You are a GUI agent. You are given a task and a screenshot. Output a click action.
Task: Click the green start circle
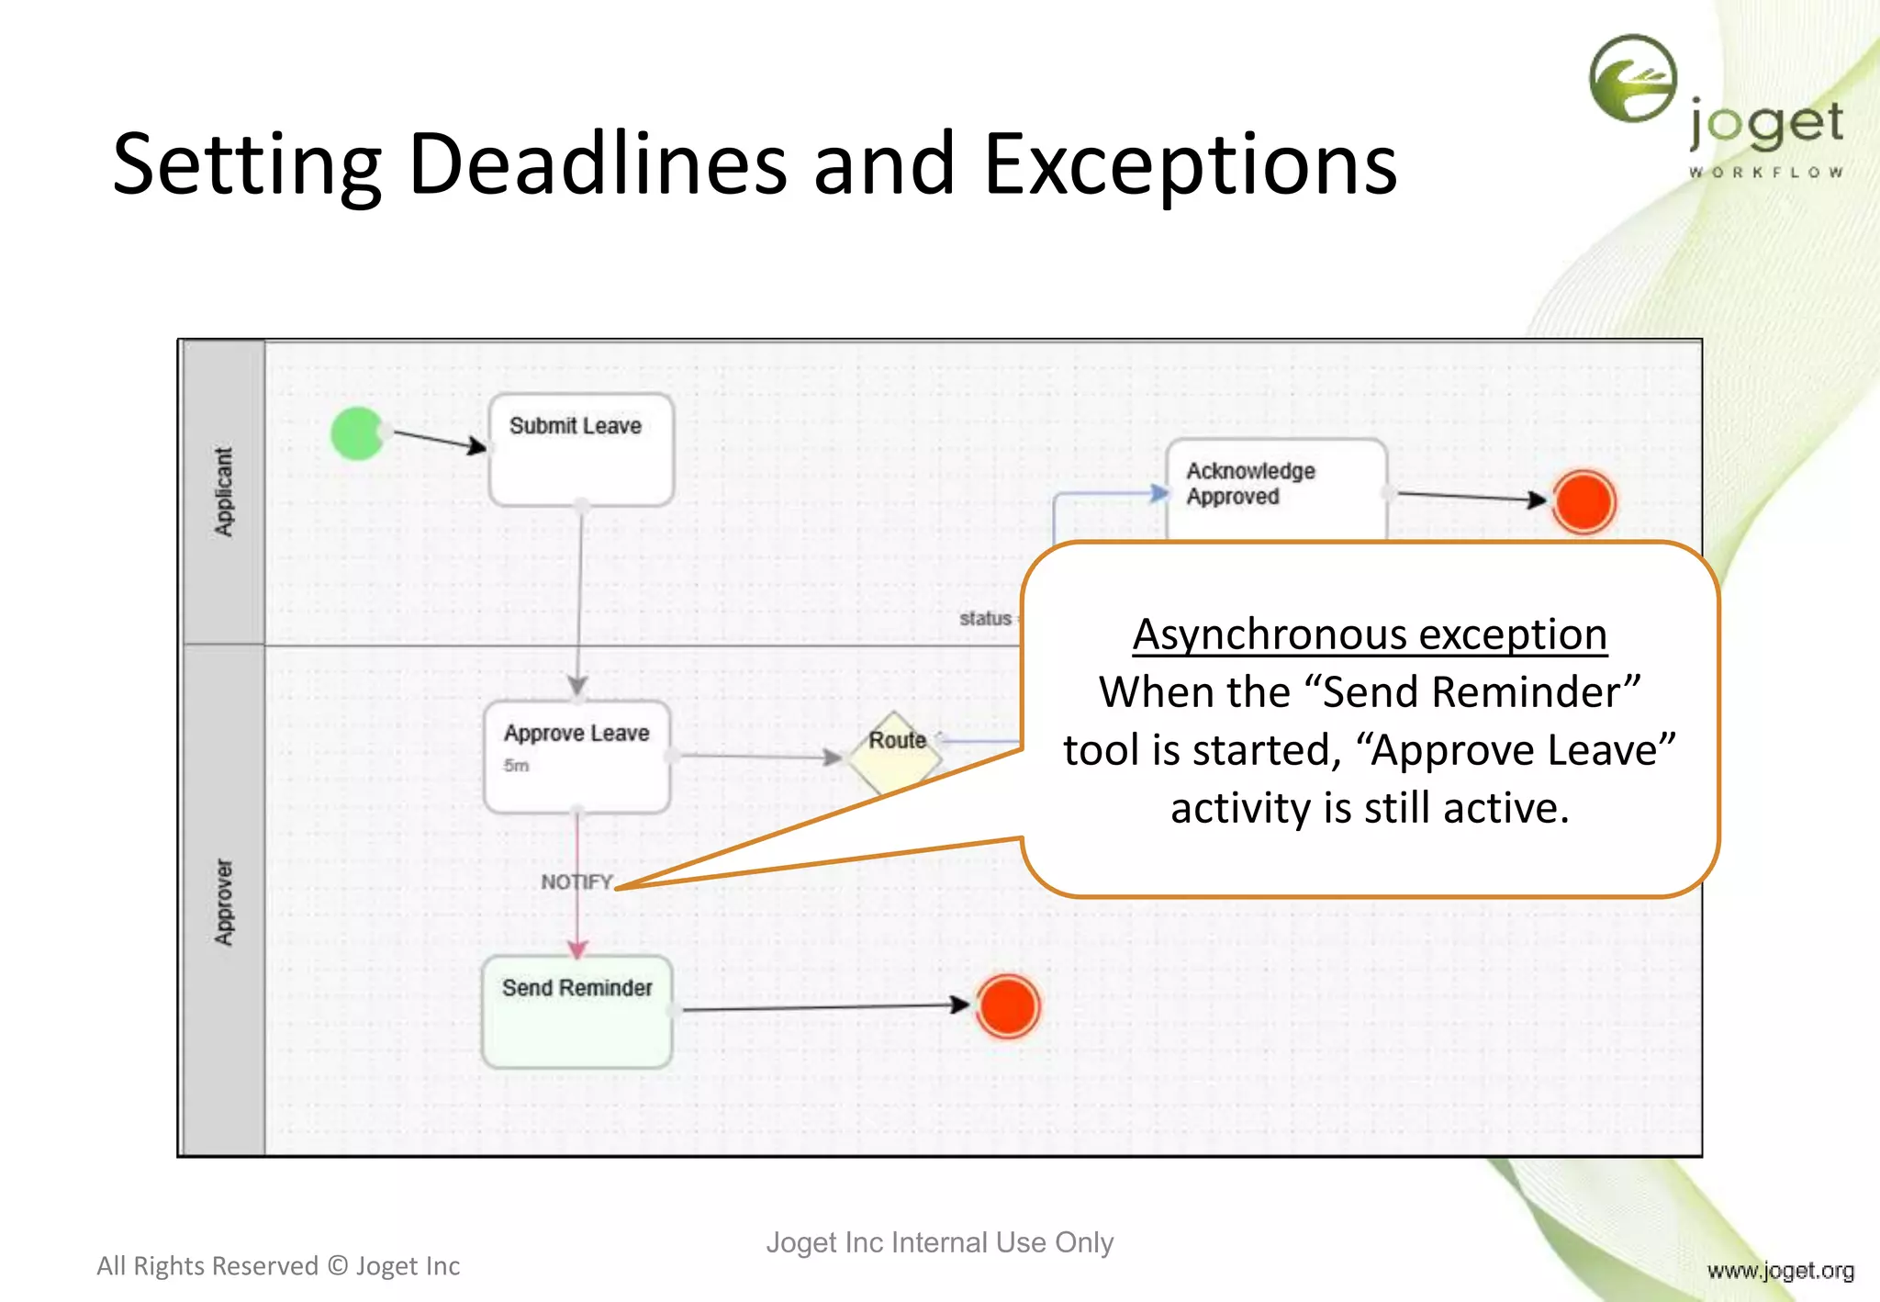point(357,432)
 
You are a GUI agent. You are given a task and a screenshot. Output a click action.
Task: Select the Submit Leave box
point(581,450)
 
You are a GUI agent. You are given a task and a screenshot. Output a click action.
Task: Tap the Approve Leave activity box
point(577,757)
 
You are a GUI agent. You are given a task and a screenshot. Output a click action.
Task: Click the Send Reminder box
point(576,1011)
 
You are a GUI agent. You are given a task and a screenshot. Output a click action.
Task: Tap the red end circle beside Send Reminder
point(1007,1006)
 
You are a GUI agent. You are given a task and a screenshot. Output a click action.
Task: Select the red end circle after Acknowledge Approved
point(1583,501)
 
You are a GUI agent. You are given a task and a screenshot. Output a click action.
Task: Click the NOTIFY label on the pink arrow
point(576,881)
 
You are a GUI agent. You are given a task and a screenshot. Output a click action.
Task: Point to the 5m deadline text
point(516,766)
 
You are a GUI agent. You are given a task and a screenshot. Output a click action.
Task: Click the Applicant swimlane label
point(224,491)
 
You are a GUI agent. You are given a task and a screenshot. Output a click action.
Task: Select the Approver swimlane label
point(224,902)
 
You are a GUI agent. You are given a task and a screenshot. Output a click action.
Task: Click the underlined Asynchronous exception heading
point(1369,634)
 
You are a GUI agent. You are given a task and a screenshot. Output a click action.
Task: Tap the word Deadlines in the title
point(597,165)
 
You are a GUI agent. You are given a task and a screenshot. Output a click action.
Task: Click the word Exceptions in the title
point(1190,165)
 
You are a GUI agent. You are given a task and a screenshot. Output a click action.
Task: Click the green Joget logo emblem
point(1633,79)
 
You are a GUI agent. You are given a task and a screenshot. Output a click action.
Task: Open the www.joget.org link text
point(1780,1271)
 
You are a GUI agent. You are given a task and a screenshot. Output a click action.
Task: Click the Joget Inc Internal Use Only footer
point(939,1242)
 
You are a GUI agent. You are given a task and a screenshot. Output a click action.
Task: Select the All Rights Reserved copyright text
point(278,1266)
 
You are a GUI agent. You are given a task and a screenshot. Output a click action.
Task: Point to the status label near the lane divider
point(985,619)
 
